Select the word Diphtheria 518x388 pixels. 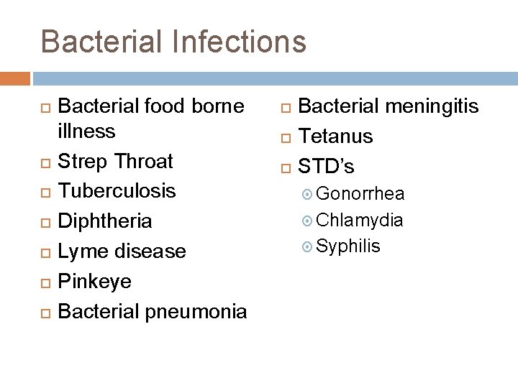pyautogui.click(x=104, y=221)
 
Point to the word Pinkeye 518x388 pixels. pyautogui.click(x=94, y=282)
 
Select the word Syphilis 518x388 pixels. pyautogui.click(x=348, y=246)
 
